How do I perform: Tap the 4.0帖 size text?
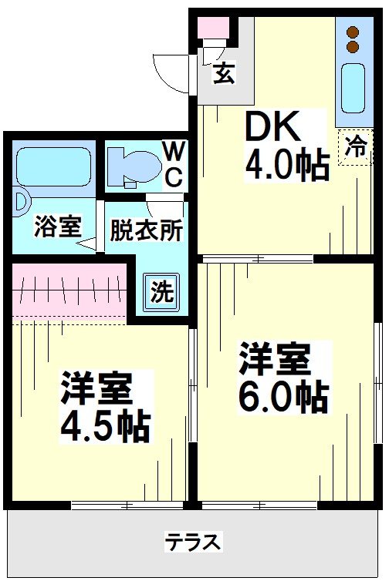[x=287, y=165]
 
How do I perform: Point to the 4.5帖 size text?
[x=104, y=425]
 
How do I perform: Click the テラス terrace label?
[x=193, y=542]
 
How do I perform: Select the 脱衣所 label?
[x=145, y=230]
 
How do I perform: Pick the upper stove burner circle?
[x=353, y=33]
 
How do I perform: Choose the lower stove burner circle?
[x=353, y=47]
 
